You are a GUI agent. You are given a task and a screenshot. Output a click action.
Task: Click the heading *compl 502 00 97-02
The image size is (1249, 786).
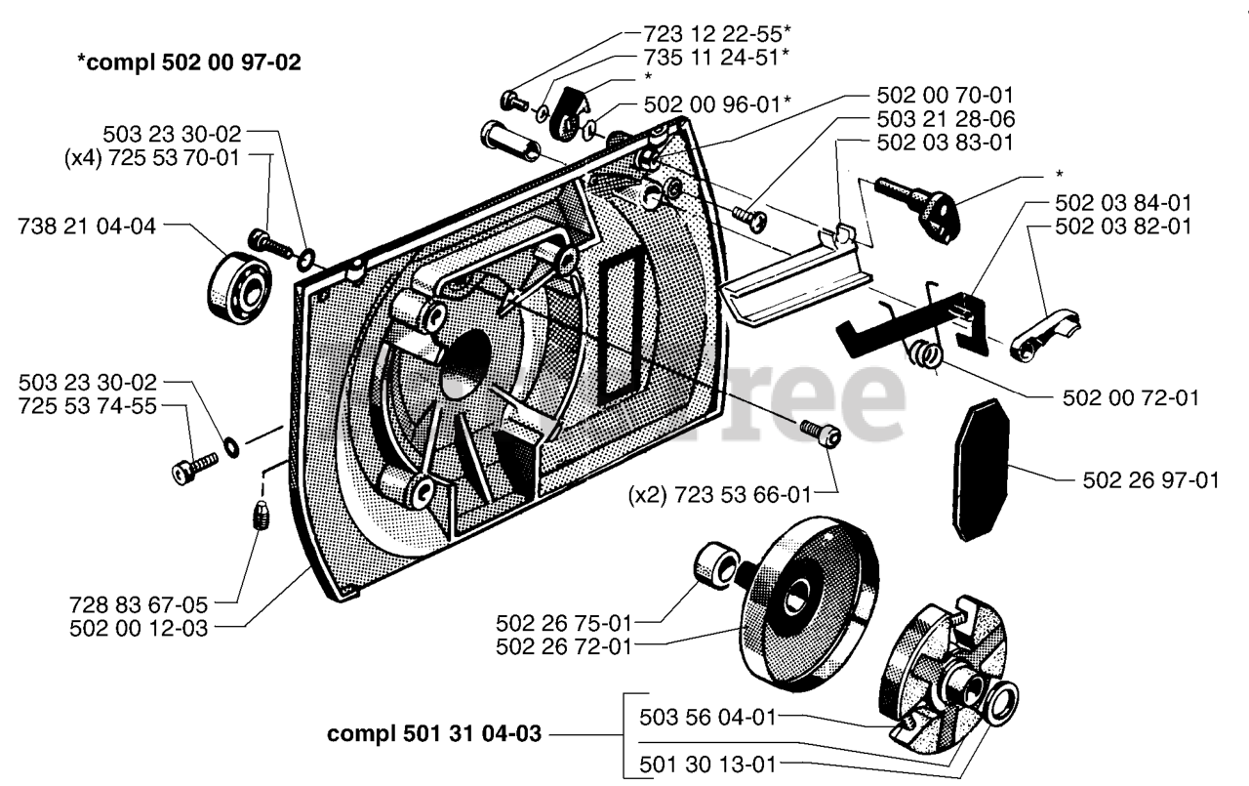tap(189, 63)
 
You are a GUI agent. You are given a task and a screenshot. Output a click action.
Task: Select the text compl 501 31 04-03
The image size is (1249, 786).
tap(435, 733)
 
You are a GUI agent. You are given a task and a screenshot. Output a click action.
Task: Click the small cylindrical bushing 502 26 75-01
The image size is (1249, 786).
tap(716, 566)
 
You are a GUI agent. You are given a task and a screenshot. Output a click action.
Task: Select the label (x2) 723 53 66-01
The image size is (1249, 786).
tap(720, 496)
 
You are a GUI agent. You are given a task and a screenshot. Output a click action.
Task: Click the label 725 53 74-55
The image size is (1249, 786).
tap(88, 405)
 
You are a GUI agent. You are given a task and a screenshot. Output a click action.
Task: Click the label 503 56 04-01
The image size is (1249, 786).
tap(707, 718)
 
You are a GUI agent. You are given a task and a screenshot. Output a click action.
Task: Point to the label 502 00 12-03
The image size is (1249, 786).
tap(140, 629)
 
